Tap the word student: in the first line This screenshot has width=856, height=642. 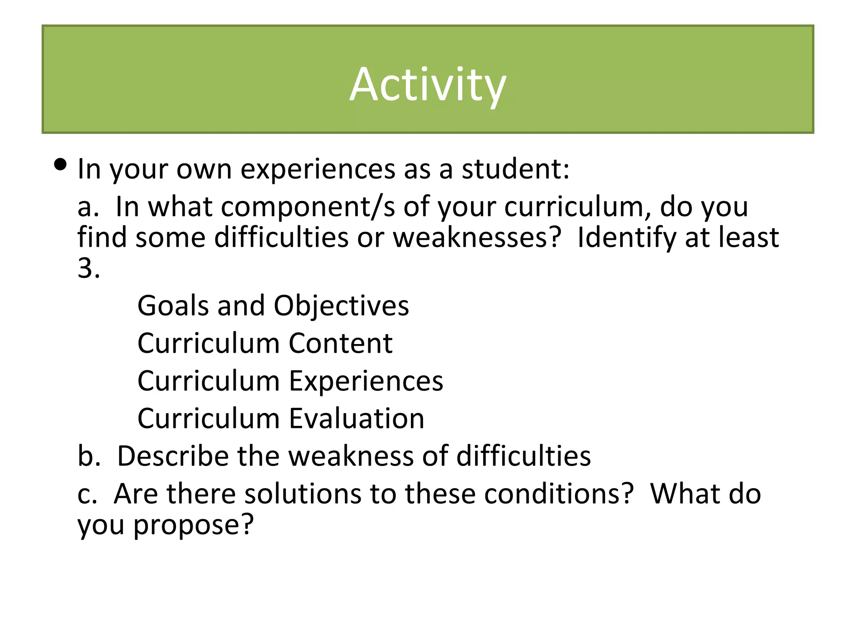click(515, 169)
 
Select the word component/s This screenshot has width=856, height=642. click(308, 207)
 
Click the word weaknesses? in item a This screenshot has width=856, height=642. click(477, 238)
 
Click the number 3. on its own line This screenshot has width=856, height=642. click(89, 268)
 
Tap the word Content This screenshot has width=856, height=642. click(340, 344)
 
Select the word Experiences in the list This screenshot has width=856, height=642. click(366, 382)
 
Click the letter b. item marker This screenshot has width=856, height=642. click(89, 456)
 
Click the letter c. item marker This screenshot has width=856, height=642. click(87, 494)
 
